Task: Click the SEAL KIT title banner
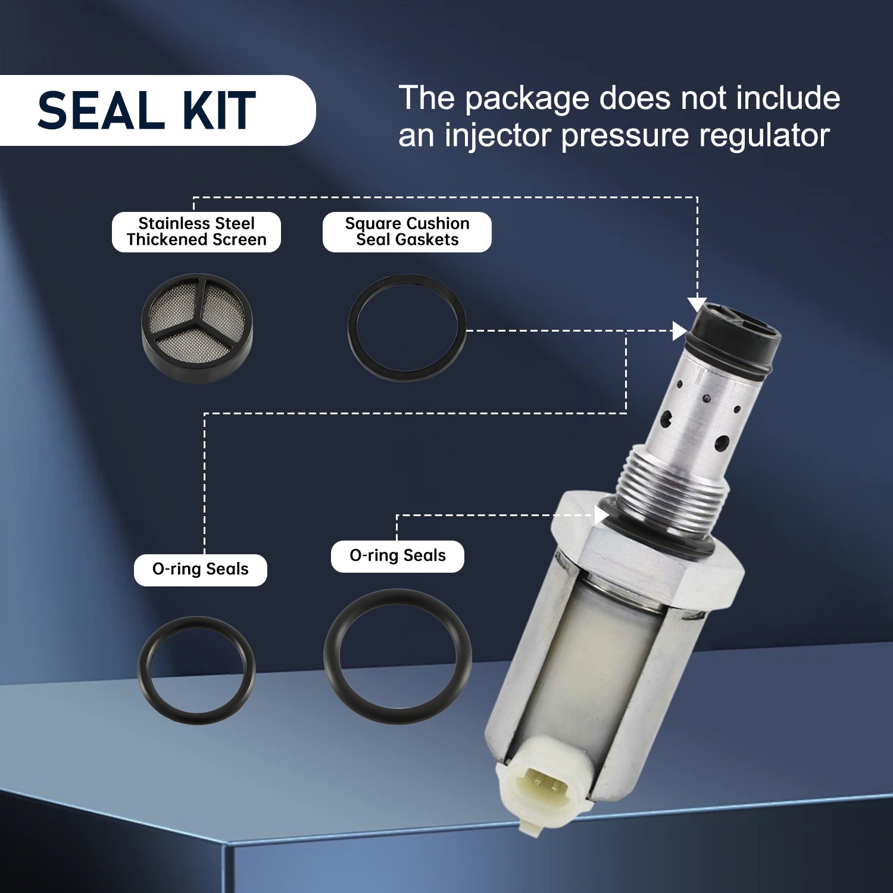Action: (x=149, y=111)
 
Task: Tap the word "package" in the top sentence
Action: (x=526, y=99)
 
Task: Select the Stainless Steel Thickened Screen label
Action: (x=196, y=232)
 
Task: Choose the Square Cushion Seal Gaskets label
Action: (x=407, y=232)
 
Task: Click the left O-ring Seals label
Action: (x=200, y=570)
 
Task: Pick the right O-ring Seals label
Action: (x=397, y=556)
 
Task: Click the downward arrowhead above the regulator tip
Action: (x=697, y=304)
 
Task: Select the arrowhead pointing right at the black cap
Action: (x=679, y=331)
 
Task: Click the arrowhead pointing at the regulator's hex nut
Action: (x=601, y=515)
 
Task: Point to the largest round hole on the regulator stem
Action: (x=723, y=442)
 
